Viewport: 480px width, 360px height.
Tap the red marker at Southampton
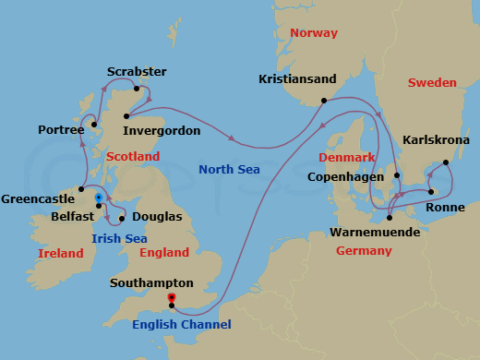coord(171,297)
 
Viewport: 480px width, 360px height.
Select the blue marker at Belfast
coord(98,198)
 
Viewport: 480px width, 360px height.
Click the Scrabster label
coord(138,71)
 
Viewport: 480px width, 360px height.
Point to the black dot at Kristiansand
coord(323,101)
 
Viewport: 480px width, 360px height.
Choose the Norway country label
coord(313,33)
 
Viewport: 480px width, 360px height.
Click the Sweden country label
coord(433,82)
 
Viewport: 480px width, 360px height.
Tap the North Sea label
coord(229,169)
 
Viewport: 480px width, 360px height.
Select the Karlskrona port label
coord(437,140)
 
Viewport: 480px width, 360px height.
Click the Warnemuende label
coord(376,233)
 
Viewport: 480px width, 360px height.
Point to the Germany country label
coord(363,251)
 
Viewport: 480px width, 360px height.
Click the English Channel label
coord(181,324)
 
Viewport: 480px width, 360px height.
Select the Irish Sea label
coord(121,238)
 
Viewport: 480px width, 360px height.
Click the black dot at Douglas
coord(122,219)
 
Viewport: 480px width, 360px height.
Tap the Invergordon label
coord(162,131)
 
